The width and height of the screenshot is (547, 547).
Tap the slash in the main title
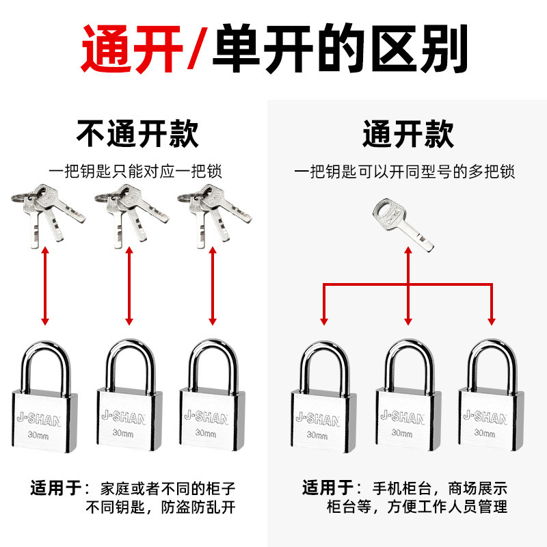pyautogui.click(x=199, y=49)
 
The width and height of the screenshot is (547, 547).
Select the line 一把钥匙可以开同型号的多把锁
pyautogui.click(x=405, y=171)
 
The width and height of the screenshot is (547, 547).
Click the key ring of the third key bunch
pyautogui.click(x=187, y=198)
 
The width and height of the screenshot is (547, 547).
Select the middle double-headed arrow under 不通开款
pyautogui.click(x=129, y=286)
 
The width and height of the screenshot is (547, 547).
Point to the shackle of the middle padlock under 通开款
pyautogui.click(x=408, y=363)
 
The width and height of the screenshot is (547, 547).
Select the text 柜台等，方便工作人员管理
pyautogui.click(x=416, y=507)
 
